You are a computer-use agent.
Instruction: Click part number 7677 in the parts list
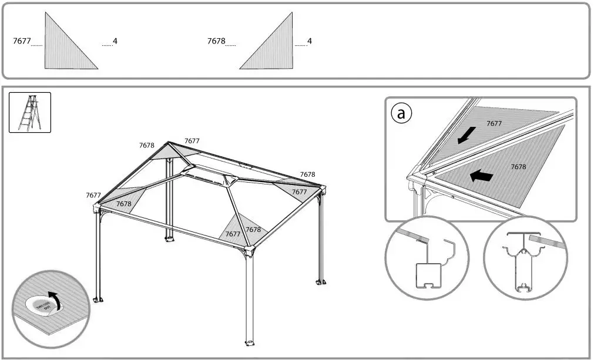click(21, 42)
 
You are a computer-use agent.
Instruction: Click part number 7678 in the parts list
click(216, 42)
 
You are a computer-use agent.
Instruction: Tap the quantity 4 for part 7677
click(115, 41)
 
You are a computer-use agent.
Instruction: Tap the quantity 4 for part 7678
click(310, 41)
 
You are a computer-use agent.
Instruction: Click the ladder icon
click(30, 112)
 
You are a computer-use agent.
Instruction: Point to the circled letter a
click(401, 114)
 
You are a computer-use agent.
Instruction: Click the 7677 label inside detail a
click(494, 123)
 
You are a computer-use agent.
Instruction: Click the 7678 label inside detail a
click(518, 167)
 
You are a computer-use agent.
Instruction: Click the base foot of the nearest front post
click(249, 342)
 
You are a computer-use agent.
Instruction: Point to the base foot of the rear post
click(169, 238)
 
